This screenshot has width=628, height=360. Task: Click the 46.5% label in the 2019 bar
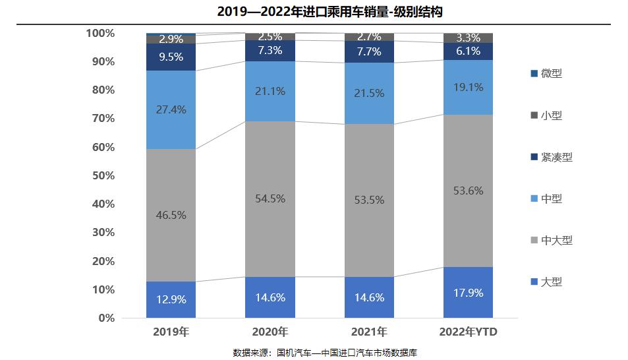click(x=170, y=215)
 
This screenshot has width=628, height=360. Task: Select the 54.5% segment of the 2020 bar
click(x=270, y=198)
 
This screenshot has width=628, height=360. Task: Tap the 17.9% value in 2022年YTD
click(x=469, y=293)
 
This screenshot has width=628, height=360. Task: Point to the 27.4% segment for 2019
click(x=170, y=109)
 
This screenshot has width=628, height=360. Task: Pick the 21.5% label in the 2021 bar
click(x=369, y=94)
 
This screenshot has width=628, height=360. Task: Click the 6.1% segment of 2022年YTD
click(x=469, y=51)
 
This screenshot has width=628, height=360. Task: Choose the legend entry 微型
click(x=551, y=73)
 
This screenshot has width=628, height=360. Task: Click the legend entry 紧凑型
click(x=556, y=157)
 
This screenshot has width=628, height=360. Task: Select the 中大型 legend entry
click(x=556, y=240)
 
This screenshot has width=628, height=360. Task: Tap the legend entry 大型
click(x=551, y=282)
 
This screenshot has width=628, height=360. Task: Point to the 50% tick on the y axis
click(x=103, y=175)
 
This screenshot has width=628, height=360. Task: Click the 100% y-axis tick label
click(x=100, y=33)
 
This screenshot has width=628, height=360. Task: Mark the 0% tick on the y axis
click(x=105, y=318)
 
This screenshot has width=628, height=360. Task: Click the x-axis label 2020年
click(x=270, y=332)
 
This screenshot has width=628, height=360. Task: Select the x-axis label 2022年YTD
click(x=469, y=332)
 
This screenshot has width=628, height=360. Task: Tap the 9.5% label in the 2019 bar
click(x=170, y=57)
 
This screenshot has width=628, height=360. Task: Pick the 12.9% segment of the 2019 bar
click(x=170, y=299)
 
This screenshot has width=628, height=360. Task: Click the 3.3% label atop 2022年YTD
click(x=469, y=38)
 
